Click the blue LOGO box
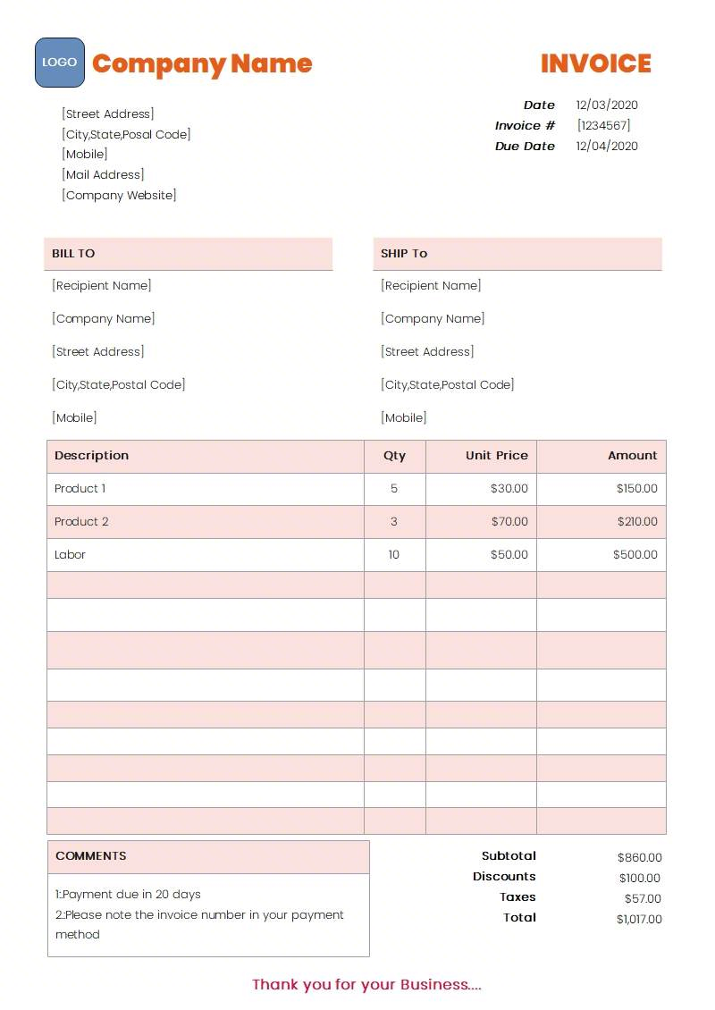pos(60,63)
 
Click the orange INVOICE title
pos(595,63)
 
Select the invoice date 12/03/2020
pos(607,105)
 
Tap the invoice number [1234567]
pos(603,126)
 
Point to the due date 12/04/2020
pos(607,147)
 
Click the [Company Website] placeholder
pos(119,196)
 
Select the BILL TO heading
pos(73,254)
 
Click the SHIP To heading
pos(404,254)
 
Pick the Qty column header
pos(394,456)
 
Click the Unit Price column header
pos(496,456)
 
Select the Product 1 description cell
pos(80,489)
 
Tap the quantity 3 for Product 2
pos(394,522)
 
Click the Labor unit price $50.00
pos(509,555)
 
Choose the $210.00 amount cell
pos(637,522)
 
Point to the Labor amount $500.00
pos(635,555)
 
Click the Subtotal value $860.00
pos(640,858)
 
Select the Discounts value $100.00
pos(640,879)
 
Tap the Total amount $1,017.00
pos(639,920)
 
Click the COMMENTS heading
pos(91,856)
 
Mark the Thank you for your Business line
pos(366,985)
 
